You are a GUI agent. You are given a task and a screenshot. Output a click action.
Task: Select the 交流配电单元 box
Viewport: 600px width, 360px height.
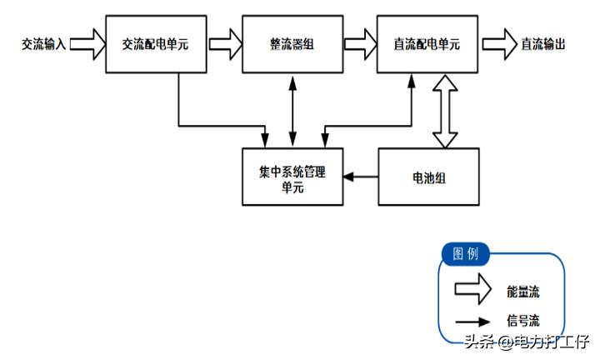(155, 42)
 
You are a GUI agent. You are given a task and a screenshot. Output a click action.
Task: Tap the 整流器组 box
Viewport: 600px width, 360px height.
(292, 42)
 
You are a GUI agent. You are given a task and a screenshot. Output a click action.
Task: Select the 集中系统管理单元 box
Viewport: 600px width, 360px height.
(292, 177)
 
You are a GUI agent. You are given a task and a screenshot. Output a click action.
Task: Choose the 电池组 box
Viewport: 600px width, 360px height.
(428, 177)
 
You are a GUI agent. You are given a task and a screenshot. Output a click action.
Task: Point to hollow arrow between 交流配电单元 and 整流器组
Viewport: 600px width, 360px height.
(223, 42)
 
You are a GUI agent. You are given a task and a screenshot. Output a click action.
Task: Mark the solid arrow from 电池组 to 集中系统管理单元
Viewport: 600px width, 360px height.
(360, 177)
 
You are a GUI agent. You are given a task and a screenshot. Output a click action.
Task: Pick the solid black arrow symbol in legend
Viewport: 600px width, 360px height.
(472, 320)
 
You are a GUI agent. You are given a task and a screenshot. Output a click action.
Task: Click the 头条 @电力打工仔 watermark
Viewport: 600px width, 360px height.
(526, 342)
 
